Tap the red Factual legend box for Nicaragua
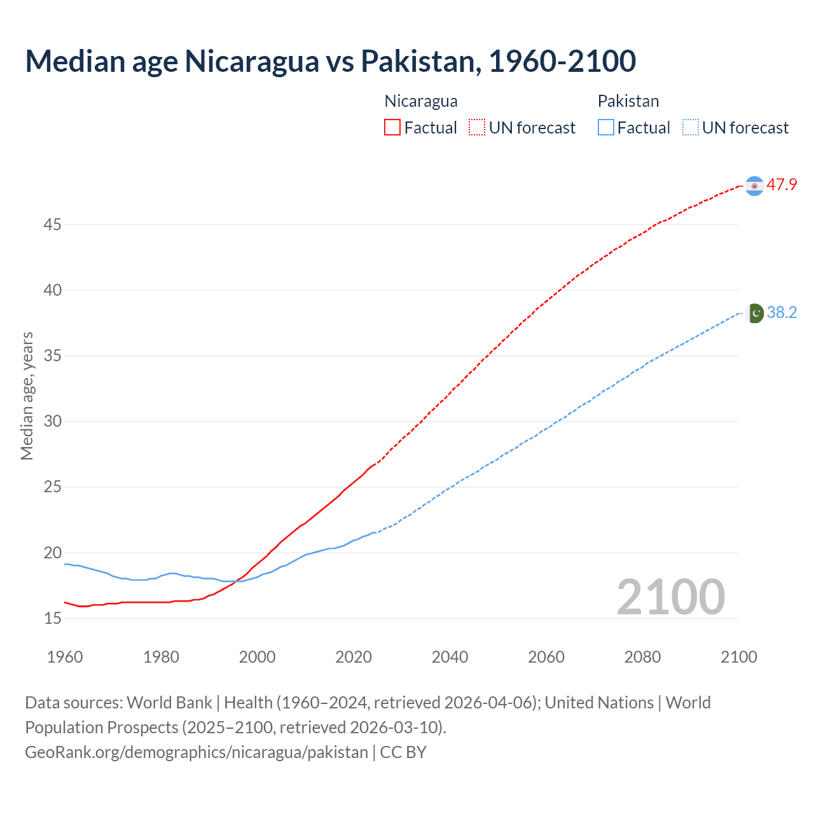click(x=392, y=127)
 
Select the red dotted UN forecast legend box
click(x=477, y=127)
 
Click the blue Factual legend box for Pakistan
click(x=606, y=127)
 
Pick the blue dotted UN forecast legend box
click(x=690, y=127)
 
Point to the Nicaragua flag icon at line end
click(x=754, y=186)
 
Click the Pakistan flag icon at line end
click(x=755, y=313)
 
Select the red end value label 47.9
click(x=782, y=185)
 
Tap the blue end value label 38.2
click(x=782, y=312)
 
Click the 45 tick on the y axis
click(x=53, y=224)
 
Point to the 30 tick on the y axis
click(x=53, y=421)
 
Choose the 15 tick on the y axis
click(x=53, y=618)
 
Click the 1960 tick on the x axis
click(x=65, y=657)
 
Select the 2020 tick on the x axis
click(x=354, y=657)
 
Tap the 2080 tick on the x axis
click(x=642, y=657)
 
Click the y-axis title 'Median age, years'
click(x=27, y=396)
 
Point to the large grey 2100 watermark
click(x=670, y=597)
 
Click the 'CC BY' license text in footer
click(x=403, y=752)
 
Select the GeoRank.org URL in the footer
click(x=197, y=752)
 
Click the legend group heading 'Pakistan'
click(x=628, y=101)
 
